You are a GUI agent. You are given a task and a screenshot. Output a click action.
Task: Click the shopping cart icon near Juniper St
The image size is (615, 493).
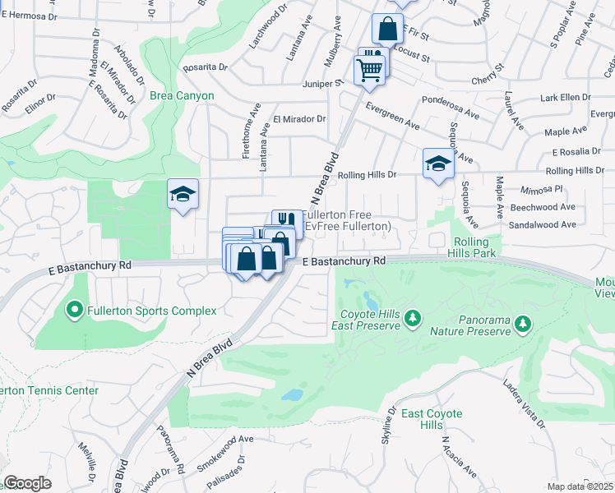[x=370, y=68]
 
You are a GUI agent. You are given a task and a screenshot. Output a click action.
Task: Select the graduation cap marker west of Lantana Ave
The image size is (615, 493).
[x=183, y=194]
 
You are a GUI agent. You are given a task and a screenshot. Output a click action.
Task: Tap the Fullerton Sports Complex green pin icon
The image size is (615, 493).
[x=74, y=311]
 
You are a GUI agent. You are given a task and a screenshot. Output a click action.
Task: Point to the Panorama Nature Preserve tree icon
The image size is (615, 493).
[x=523, y=325]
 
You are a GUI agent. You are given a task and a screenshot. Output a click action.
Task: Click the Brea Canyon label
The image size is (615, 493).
[x=182, y=96]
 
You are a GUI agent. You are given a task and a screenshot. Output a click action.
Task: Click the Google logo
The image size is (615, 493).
[x=27, y=483]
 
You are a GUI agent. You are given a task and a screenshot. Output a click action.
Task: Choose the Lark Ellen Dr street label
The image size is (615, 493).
[x=565, y=98]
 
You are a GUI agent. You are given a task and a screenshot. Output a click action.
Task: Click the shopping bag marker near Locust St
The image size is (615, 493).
[x=387, y=30]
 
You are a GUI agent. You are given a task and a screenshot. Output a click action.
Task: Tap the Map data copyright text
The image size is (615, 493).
[x=580, y=486]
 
